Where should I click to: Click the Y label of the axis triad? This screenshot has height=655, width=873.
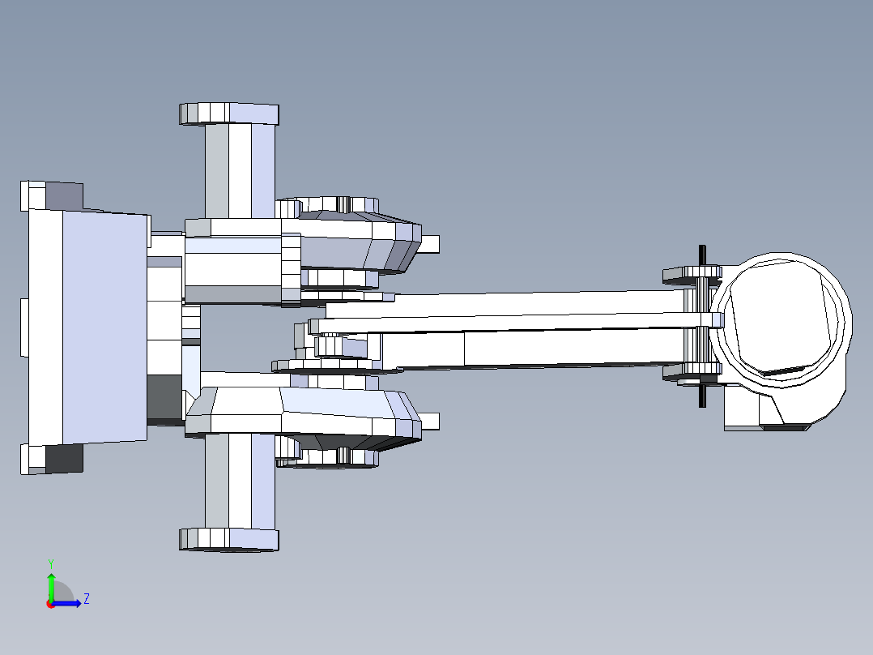point(50,563)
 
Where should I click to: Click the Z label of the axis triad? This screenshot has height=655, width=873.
point(86,599)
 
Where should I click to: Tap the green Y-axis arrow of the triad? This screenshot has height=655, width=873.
point(50,584)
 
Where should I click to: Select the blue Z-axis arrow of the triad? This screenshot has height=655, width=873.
point(69,602)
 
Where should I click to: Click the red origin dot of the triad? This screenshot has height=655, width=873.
point(50,604)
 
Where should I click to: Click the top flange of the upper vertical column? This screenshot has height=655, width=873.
point(228,113)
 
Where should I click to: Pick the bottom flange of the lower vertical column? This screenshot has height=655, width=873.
point(228,539)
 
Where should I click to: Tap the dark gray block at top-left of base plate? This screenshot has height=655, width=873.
point(64,195)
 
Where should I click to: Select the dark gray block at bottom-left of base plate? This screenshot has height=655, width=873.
point(64,458)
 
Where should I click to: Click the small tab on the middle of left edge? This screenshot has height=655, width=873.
point(23,327)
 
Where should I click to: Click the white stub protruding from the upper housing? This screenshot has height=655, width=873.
point(429,242)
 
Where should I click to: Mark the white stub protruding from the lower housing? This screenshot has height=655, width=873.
point(429,422)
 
